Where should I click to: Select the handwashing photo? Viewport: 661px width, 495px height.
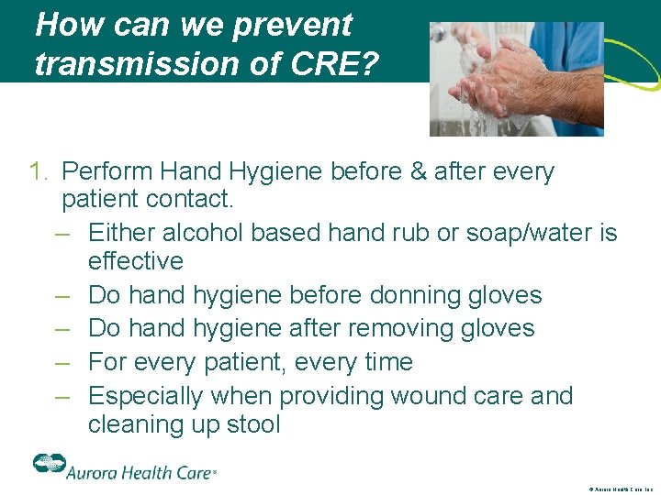(x=517, y=79)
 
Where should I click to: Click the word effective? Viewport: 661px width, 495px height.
(x=136, y=261)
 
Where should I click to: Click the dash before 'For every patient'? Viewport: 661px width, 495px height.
(x=62, y=362)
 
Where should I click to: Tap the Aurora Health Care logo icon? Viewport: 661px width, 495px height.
(x=47, y=463)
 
